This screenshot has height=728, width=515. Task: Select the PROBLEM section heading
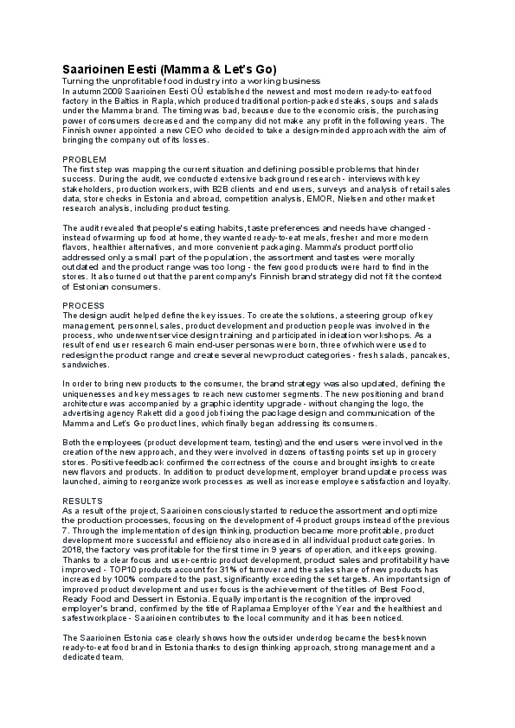(x=85, y=160)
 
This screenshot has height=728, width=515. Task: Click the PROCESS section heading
(x=85, y=306)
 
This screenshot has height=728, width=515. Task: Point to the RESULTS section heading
(x=84, y=501)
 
